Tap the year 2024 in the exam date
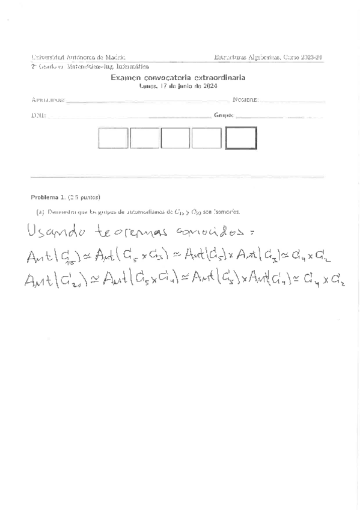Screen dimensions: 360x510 pyautogui.click(x=209, y=86)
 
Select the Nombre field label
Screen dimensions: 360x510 pyautogui.click(x=245, y=100)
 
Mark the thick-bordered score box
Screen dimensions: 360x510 pyautogui.click(x=241, y=138)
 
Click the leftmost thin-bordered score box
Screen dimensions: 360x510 pyautogui.click(x=113, y=138)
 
